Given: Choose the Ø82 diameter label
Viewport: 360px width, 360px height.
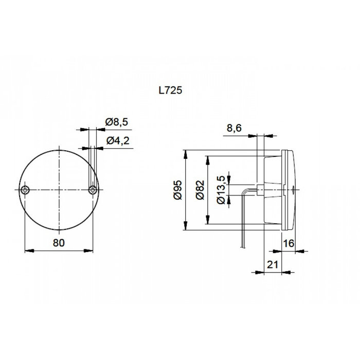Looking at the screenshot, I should click(200, 190).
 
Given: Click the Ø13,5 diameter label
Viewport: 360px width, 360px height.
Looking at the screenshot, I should click(222, 190).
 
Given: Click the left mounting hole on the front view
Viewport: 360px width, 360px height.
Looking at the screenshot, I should click(26, 190).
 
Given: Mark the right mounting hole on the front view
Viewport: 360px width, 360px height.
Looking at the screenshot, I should click(92, 190).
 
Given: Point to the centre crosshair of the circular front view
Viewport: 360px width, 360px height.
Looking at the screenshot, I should click(59, 190).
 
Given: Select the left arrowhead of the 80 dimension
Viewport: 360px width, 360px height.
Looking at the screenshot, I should click(28, 251).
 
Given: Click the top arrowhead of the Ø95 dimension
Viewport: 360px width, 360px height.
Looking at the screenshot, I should click(186, 153).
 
